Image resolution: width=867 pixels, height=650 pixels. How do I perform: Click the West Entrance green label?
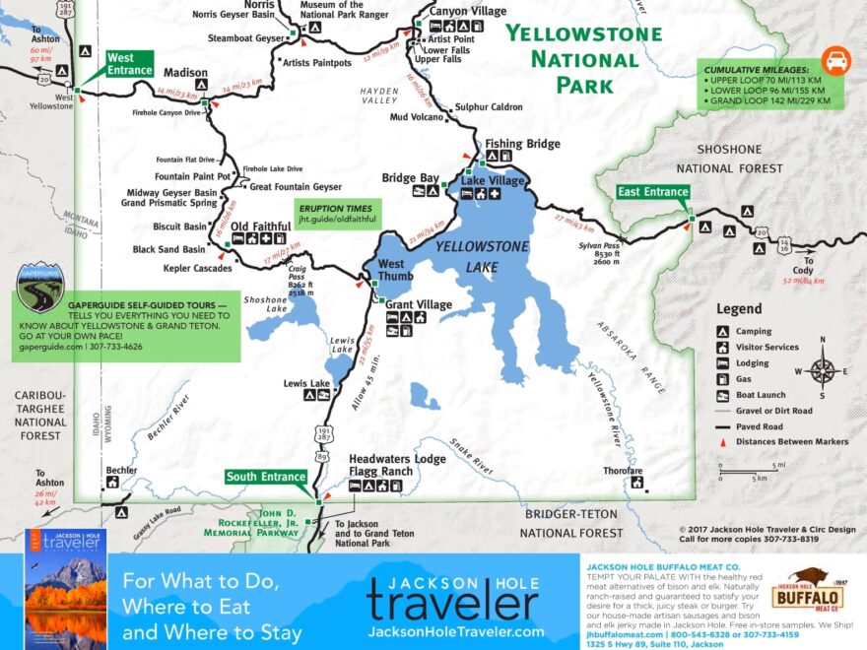pyautogui.click(x=129, y=64)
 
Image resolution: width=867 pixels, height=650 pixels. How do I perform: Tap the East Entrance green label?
pyautogui.click(x=651, y=191)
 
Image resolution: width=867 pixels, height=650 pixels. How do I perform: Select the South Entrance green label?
pyautogui.click(x=266, y=477)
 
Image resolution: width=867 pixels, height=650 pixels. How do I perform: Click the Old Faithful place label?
pyautogui.click(x=260, y=226)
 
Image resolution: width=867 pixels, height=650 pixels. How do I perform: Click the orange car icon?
pyautogui.click(x=835, y=60)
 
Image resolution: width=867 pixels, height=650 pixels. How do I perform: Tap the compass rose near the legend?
pyautogui.click(x=822, y=370)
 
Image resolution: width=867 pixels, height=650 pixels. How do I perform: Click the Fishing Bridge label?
pyautogui.click(x=522, y=144)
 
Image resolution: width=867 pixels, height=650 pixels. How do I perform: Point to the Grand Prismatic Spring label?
pyautogui.click(x=168, y=203)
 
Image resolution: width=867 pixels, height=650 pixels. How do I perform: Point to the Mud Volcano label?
pyautogui.click(x=418, y=117)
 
